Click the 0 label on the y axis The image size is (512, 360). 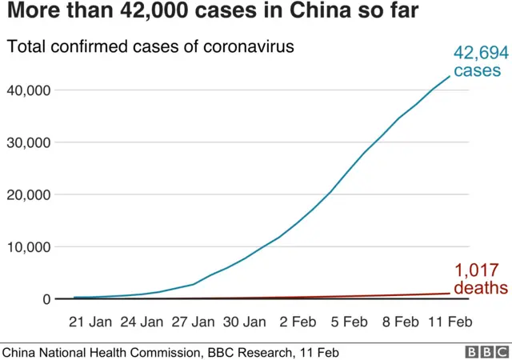[x=46, y=299]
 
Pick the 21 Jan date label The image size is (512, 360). [x=90, y=322]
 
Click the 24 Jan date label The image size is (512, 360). [x=142, y=322]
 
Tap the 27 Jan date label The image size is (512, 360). [x=193, y=322]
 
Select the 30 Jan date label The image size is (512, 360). [x=244, y=322]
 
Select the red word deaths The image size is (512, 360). [x=481, y=288]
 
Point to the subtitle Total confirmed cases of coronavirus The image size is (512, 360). [x=150, y=46]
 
